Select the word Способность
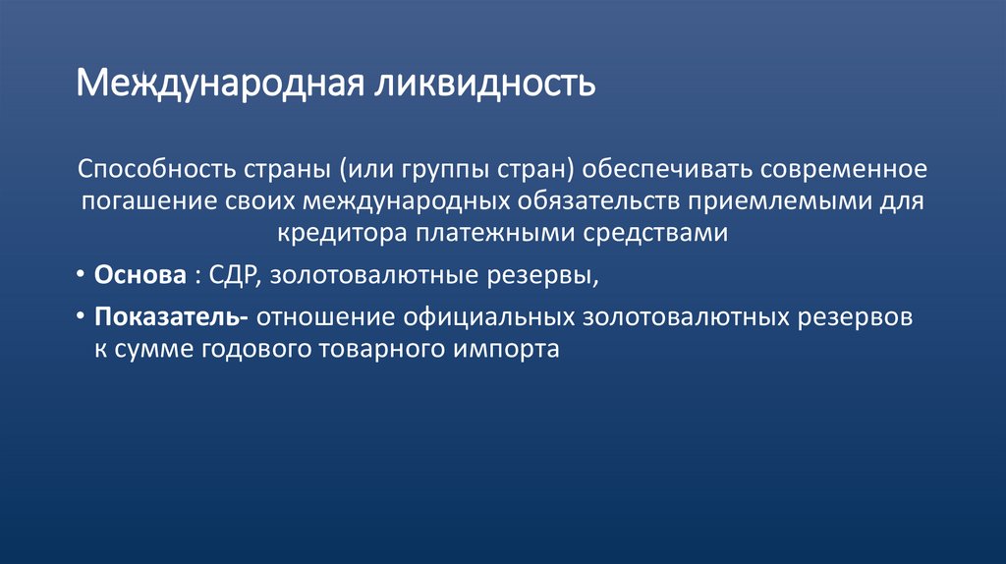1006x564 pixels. pos(152,168)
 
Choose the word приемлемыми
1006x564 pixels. pos(820,201)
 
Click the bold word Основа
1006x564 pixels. pos(140,276)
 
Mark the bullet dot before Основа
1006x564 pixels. pos(81,276)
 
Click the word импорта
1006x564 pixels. pos(505,351)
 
